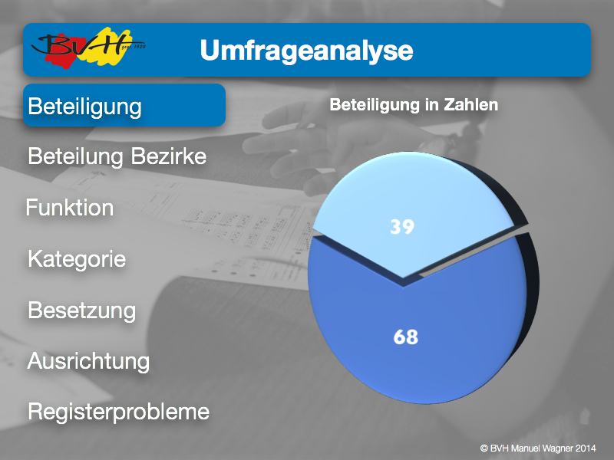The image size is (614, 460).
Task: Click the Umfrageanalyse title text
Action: coord(306,51)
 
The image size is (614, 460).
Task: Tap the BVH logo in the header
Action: coord(88,48)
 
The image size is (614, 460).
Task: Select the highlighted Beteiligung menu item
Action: coord(124,105)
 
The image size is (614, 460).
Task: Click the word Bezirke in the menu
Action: coord(168,156)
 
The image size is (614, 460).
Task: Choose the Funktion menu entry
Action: coord(70,207)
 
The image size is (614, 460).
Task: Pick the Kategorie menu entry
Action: coord(77,259)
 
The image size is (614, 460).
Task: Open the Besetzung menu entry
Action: coord(82,311)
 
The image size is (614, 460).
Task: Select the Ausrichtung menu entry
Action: coord(88,361)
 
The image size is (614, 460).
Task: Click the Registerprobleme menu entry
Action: coord(119,412)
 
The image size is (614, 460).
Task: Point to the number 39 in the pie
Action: coord(402,227)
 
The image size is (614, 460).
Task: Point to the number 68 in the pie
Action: coord(406,337)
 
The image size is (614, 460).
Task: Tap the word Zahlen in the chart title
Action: coord(471,105)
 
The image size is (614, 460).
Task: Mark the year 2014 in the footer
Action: coord(586,449)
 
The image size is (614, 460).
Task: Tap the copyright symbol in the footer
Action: coord(484,449)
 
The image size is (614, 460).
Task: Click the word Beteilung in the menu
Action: coord(75,157)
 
